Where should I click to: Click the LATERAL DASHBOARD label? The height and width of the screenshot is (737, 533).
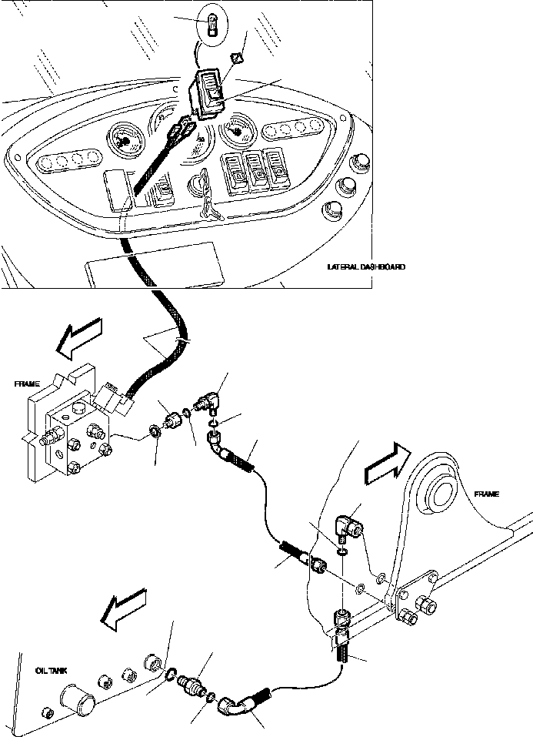click(x=365, y=267)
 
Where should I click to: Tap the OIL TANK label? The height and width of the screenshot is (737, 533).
click(x=51, y=671)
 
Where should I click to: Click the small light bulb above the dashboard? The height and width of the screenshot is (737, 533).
click(x=212, y=24)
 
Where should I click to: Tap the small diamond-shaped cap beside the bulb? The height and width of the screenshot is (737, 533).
click(x=238, y=59)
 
